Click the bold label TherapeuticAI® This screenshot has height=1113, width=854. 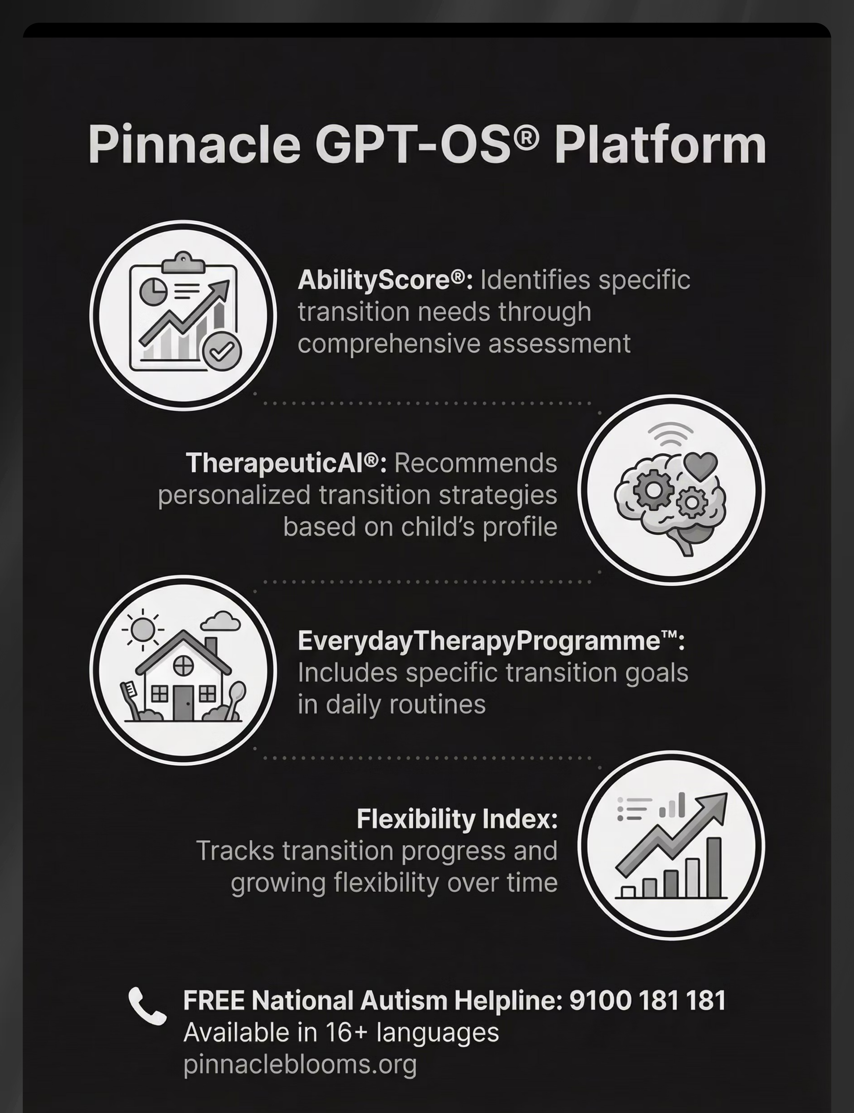click(x=286, y=463)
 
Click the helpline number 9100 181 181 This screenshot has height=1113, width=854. click(x=647, y=1000)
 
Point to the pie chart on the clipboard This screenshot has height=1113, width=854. click(x=153, y=290)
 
